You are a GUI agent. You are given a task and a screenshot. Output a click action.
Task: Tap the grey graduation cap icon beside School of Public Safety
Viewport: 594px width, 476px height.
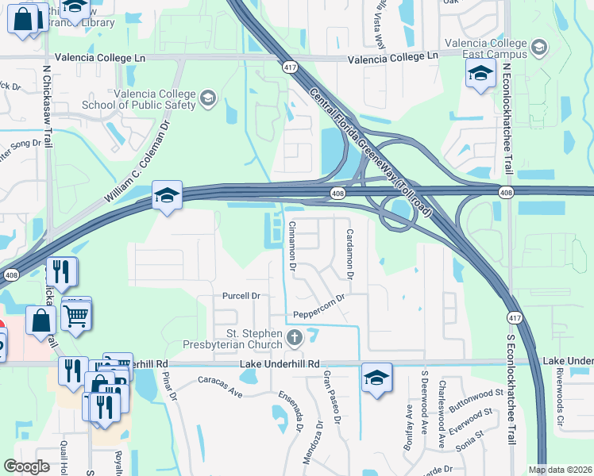pos(208,98)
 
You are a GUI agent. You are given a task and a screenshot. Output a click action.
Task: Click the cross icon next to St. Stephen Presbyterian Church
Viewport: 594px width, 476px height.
pos(295,339)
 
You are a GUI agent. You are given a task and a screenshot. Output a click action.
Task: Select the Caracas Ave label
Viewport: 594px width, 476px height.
pos(219,386)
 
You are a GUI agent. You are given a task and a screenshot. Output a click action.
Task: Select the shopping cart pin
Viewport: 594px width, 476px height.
pos(76,315)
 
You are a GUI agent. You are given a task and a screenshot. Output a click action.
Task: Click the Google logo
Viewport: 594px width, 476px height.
pos(27,466)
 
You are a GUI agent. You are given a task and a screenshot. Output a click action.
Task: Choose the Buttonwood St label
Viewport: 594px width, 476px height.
pos(476,401)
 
